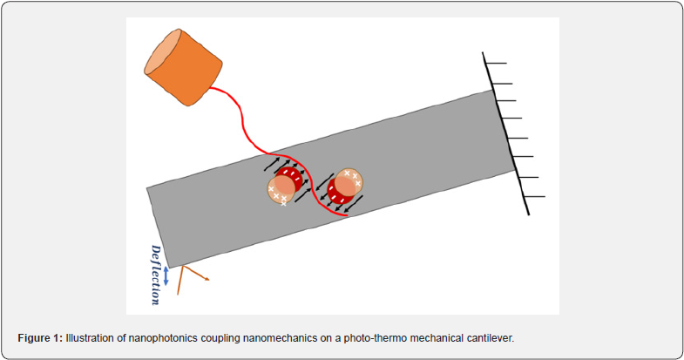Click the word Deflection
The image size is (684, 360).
pyautogui.click(x=155, y=273)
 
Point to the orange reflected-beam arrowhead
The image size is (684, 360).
pyautogui.click(x=207, y=279)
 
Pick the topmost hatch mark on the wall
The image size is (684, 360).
pyautogui.click(x=495, y=63)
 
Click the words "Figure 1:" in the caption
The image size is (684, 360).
pyautogui.click(x=41, y=336)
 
